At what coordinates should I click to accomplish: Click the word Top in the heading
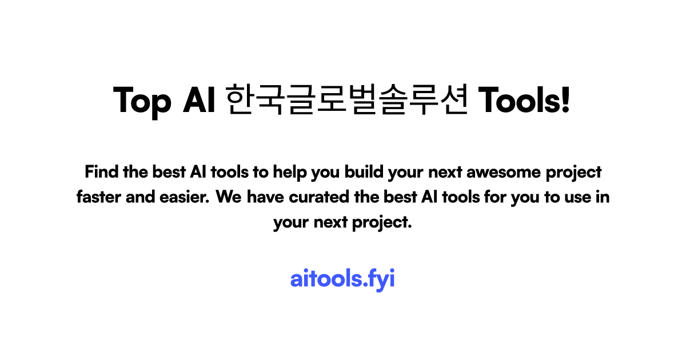pyautogui.click(x=142, y=101)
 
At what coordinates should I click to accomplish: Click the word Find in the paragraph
pyautogui.click(x=99, y=171)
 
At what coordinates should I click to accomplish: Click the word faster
pyautogui.click(x=97, y=197)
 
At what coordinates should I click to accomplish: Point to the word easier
pyautogui.click(x=187, y=197)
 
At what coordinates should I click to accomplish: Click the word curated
pyautogui.click(x=317, y=197)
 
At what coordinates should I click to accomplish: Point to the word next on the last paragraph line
pyautogui.click(x=330, y=223)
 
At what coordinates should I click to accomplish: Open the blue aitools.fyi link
pyautogui.click(x=342, y=280)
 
